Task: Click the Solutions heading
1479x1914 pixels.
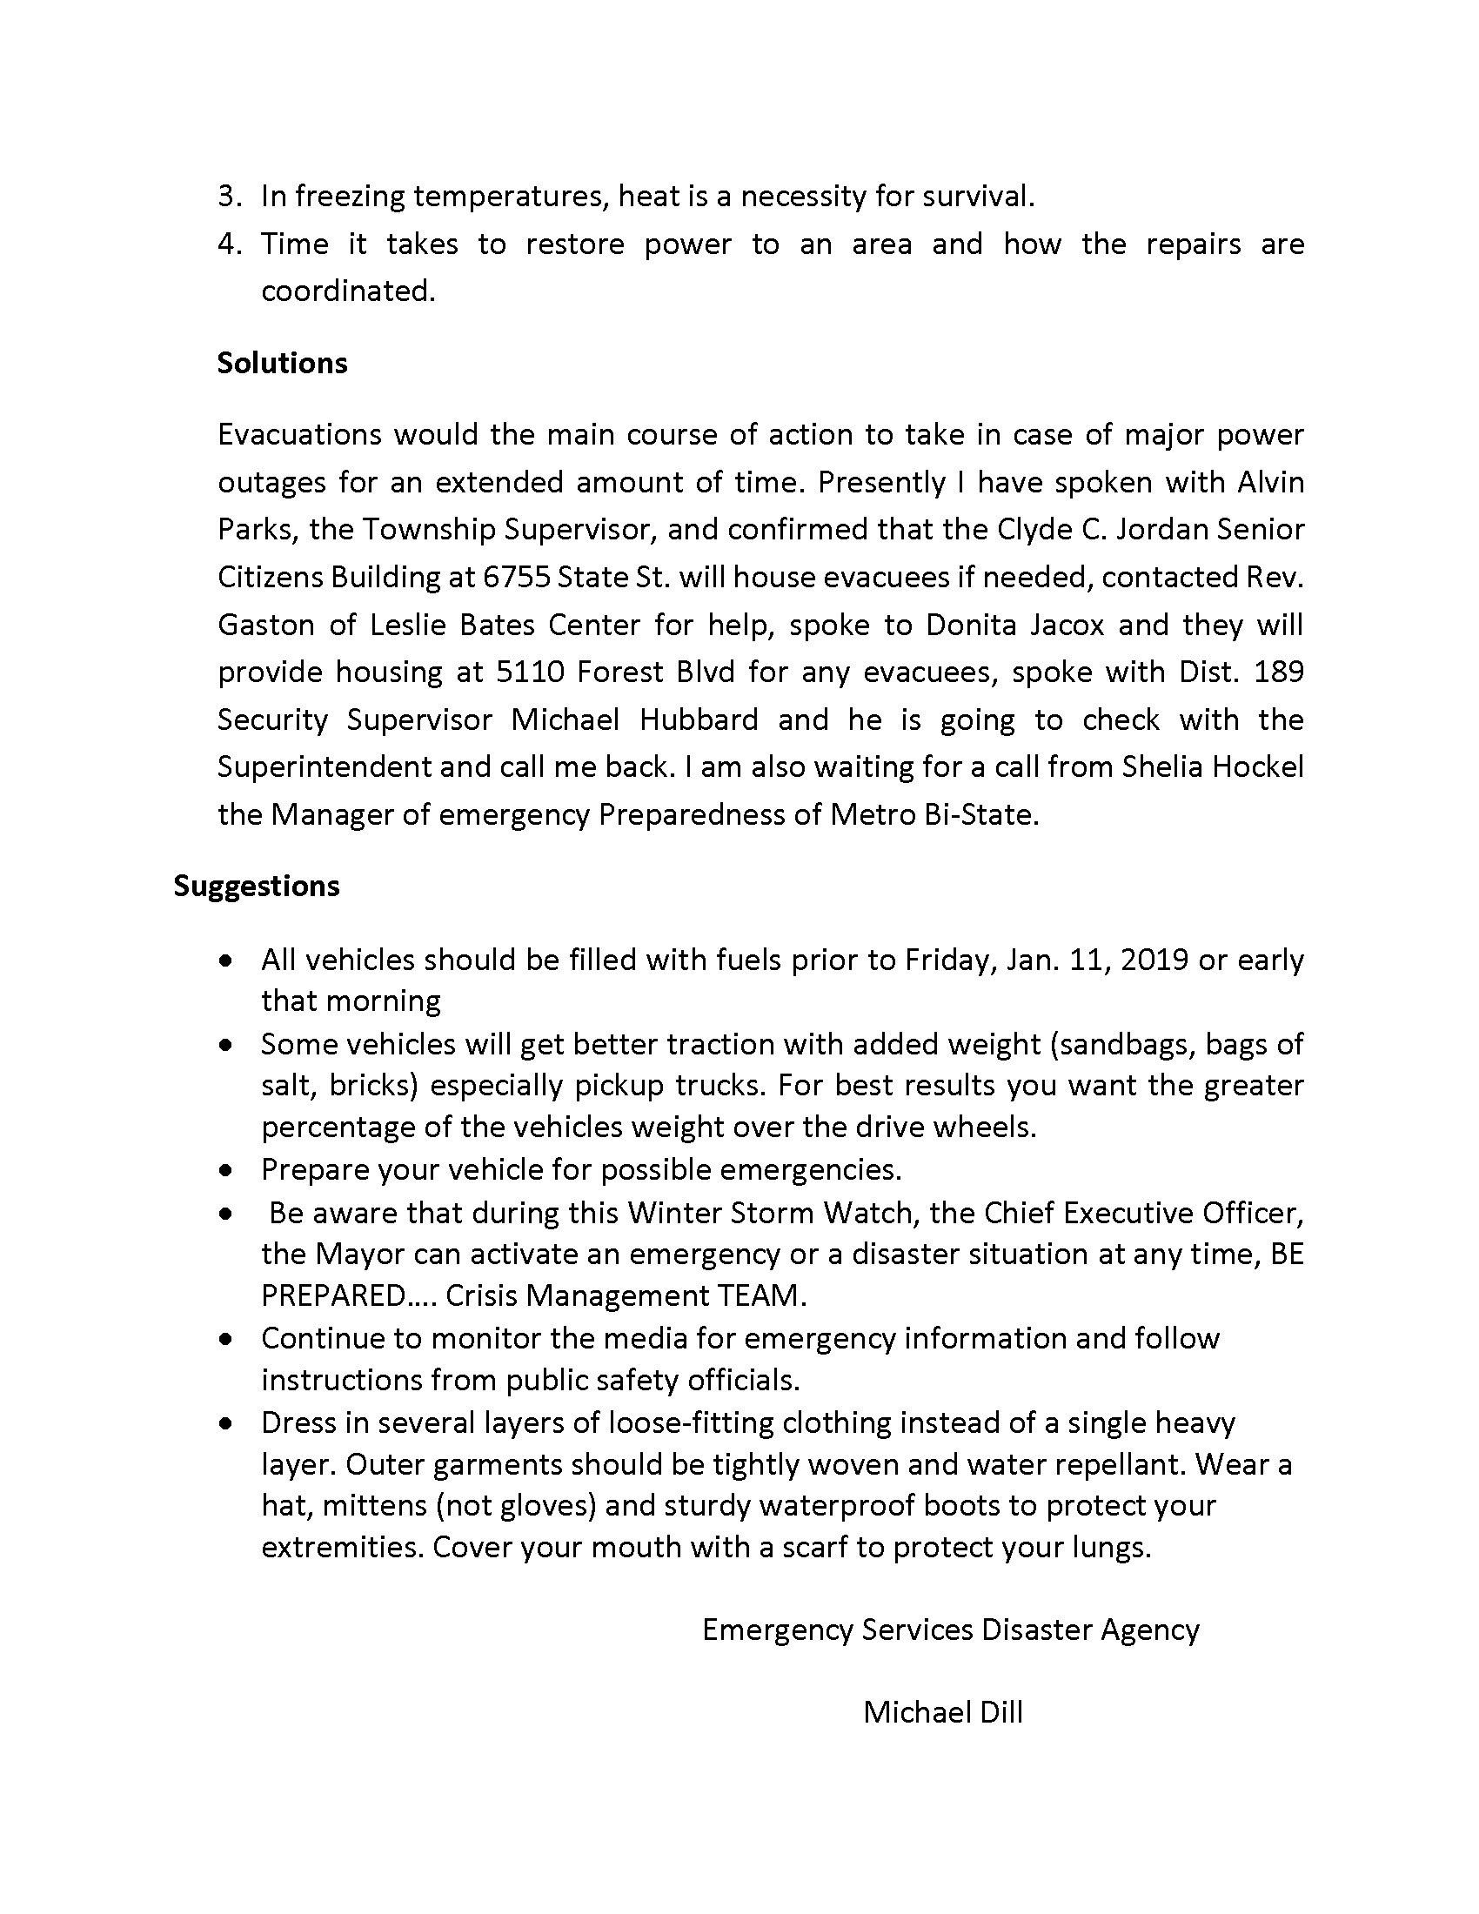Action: point(282,363)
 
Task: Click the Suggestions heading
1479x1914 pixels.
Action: point(256,886)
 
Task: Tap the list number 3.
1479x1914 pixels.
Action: point(229,197)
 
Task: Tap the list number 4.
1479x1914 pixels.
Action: point(229,244)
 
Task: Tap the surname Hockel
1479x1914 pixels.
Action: point(1258,766)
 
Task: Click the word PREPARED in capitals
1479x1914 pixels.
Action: point(334,1295)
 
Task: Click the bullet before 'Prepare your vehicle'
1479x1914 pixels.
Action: point(227,1170)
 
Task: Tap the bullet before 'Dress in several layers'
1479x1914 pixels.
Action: point(227,1423)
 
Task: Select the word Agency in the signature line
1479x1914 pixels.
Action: point(1149,1630)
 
